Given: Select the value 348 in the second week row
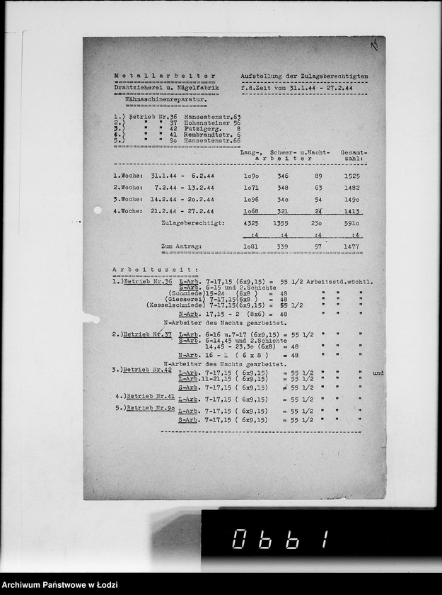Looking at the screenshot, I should click(x=283, y=188).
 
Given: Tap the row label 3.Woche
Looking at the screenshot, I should click(x=128, y=200).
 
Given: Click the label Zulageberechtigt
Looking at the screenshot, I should click(x=193, y=223).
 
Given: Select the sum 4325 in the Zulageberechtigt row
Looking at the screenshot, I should click(x=251, y=223).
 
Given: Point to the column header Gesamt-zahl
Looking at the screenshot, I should click(x=351, y=156).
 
